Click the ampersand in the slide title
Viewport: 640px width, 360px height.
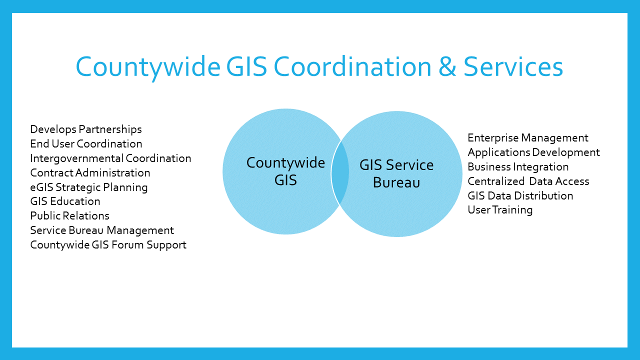447,67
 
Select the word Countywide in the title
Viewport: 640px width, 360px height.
148,67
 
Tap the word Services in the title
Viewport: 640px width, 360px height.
513,67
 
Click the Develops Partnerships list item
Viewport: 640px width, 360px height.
86,129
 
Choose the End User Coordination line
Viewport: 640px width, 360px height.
86,143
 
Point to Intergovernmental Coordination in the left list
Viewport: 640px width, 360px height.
110,158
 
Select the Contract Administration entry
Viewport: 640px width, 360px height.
90,173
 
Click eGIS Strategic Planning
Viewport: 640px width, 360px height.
89,187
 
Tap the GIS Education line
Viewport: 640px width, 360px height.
65,201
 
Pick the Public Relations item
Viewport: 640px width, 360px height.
69,215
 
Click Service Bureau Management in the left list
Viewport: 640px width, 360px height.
102,230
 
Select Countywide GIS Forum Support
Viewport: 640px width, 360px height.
108,245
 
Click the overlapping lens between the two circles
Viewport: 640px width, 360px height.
340,172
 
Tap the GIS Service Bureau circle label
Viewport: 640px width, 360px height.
396,173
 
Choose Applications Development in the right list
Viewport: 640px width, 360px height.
533,152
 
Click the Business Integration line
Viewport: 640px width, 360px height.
518,167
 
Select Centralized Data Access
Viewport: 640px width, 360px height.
528,181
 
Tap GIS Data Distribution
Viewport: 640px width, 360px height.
520,196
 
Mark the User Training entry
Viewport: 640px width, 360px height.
500,210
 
